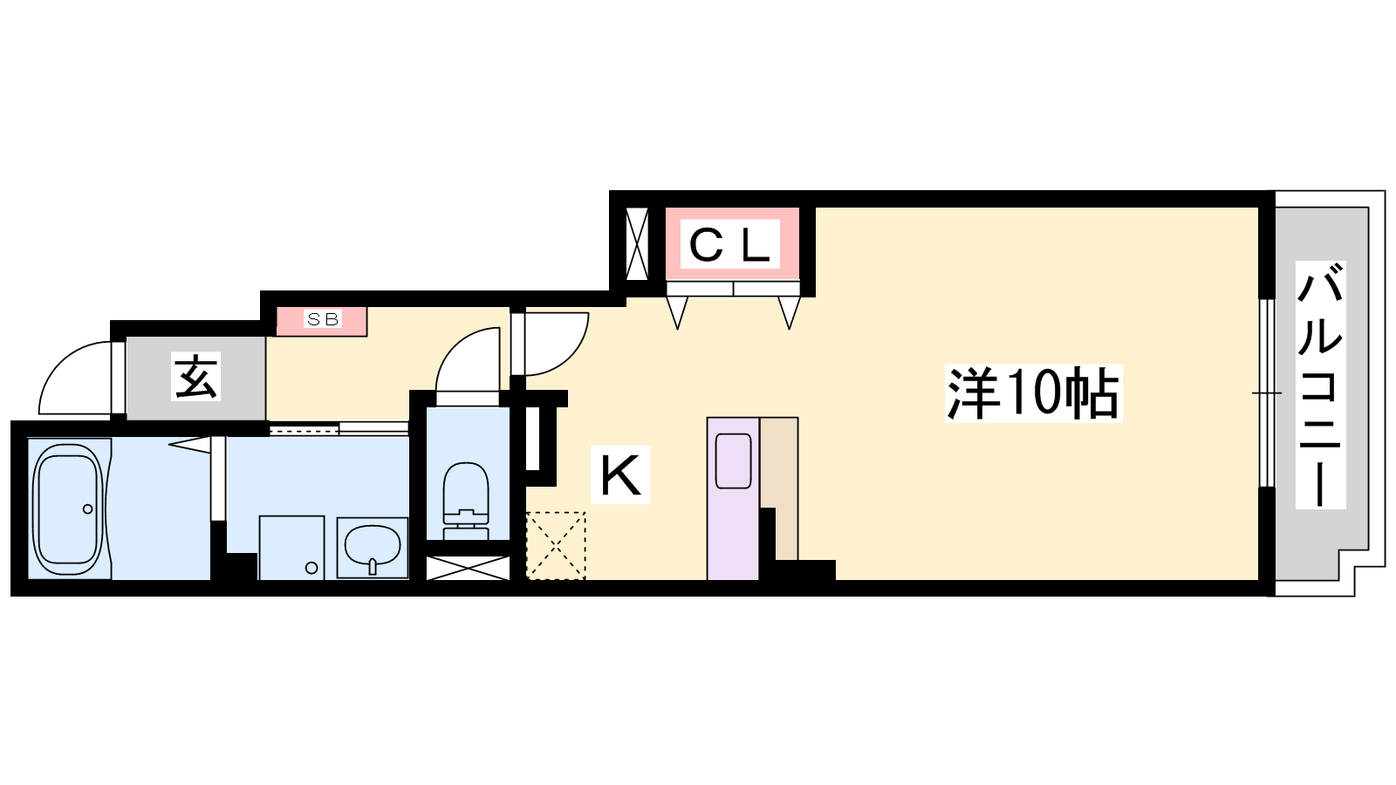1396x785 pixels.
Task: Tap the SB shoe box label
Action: click(x=323, y=319)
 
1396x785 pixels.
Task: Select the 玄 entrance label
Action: click(x=195, y=377)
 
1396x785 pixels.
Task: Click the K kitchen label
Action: click(x=620, y=474)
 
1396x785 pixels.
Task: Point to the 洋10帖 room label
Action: click(x=1033, y=393)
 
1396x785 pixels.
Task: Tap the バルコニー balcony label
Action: click(x=1320, y=385)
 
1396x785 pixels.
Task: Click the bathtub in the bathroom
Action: click(x=69, y=509)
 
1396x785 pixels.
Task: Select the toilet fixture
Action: click(x=466, y=501)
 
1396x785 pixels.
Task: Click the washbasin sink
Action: click(x=372, y=548)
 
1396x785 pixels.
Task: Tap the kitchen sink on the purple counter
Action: click(x=733, y=461)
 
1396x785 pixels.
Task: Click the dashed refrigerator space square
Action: click(x=556, y=546)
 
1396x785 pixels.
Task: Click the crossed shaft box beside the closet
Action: click(x=637, y=244)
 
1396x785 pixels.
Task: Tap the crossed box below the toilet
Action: click(x=468, y=568)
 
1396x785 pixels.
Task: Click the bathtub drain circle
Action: click(x=88, y=509)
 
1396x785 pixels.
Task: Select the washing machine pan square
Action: click(x=291, y=548)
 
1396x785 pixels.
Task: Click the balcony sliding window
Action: click(x=1267, y=393)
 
